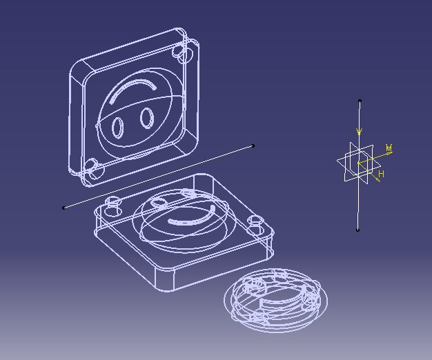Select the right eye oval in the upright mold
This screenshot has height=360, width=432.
pos(146,118)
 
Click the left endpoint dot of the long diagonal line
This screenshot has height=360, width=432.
pos(64,208)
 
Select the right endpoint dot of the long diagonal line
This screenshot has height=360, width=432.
pos(253,146)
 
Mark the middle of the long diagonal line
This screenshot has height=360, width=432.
pos(159,177)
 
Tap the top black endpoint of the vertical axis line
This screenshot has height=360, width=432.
pos(360,101)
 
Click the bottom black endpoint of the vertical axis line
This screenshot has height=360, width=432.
pos(358,230)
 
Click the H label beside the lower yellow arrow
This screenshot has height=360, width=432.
pos(381,174)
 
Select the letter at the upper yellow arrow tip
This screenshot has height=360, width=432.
pos(389,148)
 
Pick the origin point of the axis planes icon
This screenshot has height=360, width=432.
pos(358,163)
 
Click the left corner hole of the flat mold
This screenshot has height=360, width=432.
pos(113,201)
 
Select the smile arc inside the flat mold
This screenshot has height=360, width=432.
pos(187,221)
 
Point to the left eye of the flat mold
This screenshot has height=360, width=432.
pos(159,203)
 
